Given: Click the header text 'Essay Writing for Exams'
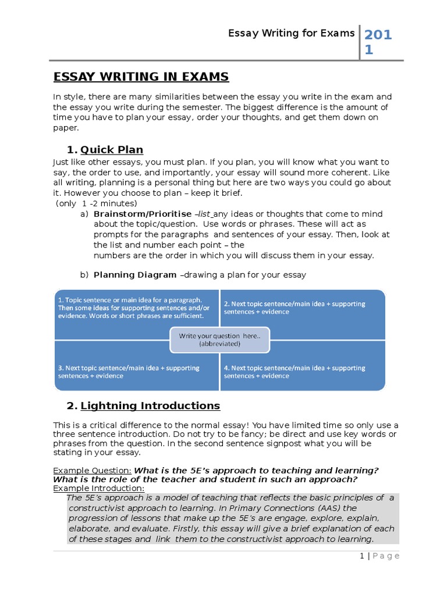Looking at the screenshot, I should click(x=291, y=33).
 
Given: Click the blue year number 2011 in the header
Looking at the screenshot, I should click(x=378, y=42).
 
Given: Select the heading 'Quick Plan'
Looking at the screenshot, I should click(x=112, y=150).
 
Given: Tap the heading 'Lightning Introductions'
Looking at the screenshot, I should click(x=150, y=406).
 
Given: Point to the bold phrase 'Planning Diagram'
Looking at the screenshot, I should click(x=135, y=275).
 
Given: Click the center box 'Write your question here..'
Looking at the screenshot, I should click(x=219, y=340).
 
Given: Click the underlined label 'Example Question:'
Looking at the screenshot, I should click(x=92, y=470).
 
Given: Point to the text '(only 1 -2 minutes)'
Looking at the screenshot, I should click(x=97, y=203).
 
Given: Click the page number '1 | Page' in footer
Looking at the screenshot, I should click(x=379, y=556).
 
